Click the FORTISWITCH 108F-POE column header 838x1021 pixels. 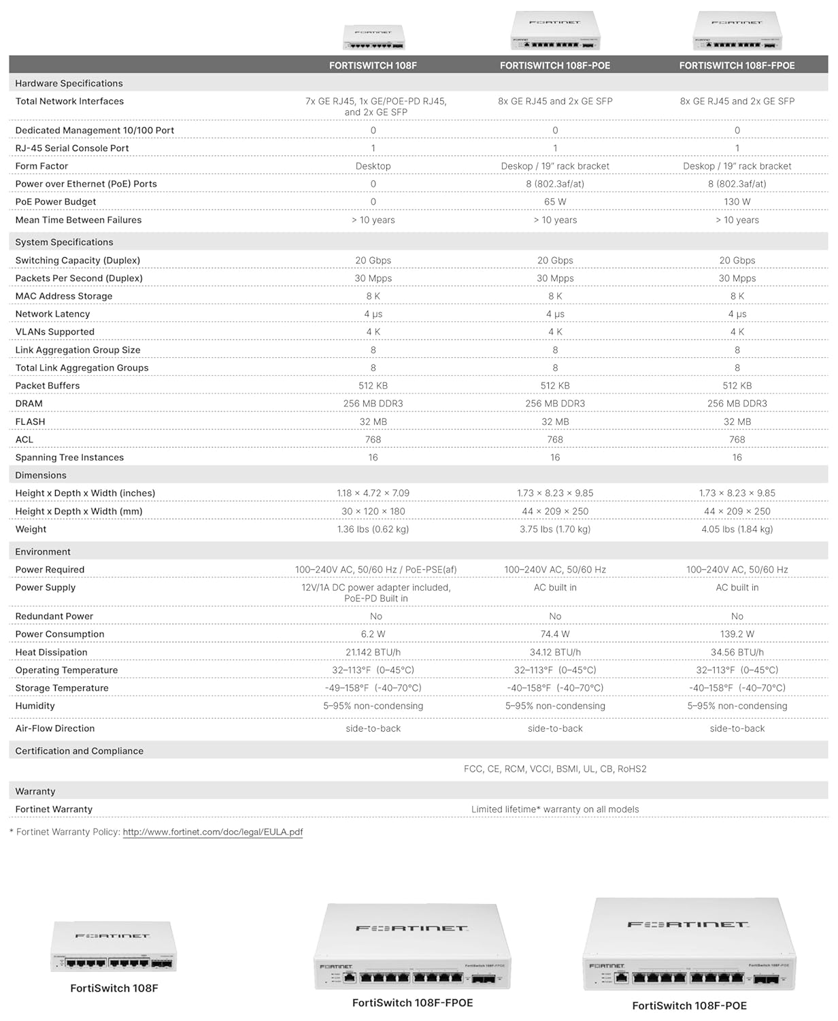click(x=554, y=65)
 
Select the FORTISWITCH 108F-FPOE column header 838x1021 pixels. click(x=737, y=65)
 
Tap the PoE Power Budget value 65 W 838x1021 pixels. click(x=555, y=202)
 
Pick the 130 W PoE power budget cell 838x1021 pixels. click(x=737, y=202)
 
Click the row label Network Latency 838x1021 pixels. click(x=52, y=314)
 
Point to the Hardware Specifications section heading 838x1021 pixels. click(x=69, y=83)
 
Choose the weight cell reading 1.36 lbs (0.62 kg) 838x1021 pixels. click(x=373, y=529)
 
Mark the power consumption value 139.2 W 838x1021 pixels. click(x=737, y=634)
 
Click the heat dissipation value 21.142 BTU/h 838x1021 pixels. click(x=373, y=652)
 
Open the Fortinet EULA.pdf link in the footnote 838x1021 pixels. click(x=212, y=832)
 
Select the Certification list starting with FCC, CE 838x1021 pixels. click(x=555, y=768)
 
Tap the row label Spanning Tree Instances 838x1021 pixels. click(x=69, y=457)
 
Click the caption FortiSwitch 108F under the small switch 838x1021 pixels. click(x=114, y=988)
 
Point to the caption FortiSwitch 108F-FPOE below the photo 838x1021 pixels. click(x=412, y=1003)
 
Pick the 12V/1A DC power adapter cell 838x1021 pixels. click(x=375, y=592)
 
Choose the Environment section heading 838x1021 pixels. click(x=43, y=551)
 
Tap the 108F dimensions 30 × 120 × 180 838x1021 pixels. click(x=373, y=511)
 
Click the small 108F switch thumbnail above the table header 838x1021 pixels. click(x=373, y=37)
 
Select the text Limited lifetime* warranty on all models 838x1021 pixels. click(x=555, y=809)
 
